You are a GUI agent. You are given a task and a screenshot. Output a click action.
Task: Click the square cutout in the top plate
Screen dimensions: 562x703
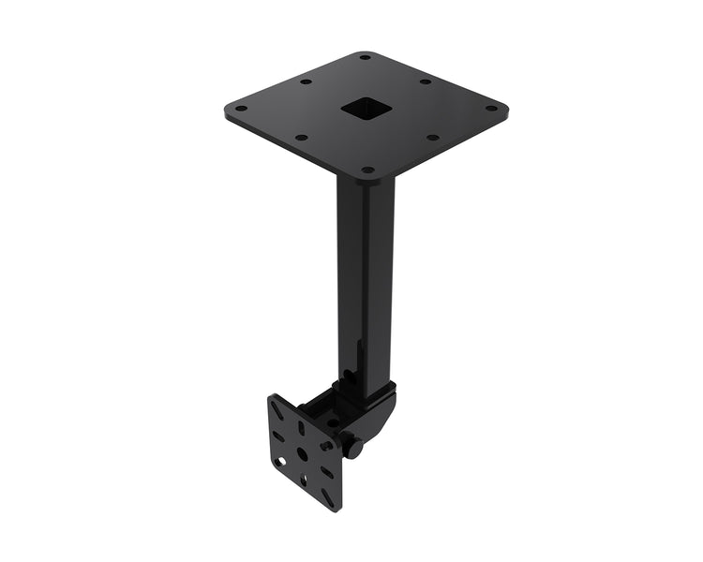coord(366,110)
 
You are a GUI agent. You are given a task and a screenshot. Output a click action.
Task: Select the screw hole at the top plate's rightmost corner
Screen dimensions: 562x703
coord(490,108)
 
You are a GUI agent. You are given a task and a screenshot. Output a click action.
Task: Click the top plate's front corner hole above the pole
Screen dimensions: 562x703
coord(367,170)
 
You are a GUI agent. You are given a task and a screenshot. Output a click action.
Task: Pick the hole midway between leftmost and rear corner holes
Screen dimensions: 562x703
coord(306,81)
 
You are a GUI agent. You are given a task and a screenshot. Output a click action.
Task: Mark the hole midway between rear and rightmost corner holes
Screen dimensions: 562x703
coord(426,81)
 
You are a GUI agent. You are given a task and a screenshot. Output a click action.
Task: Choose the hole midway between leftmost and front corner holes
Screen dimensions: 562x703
coord(301,138)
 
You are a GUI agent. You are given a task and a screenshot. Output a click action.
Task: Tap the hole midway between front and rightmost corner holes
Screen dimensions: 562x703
coord(432,138)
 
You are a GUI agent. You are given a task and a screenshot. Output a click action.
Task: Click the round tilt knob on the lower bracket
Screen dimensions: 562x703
coord(353,447)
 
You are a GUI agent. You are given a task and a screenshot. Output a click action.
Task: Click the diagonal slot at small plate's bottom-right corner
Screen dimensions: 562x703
coord(329,495)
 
